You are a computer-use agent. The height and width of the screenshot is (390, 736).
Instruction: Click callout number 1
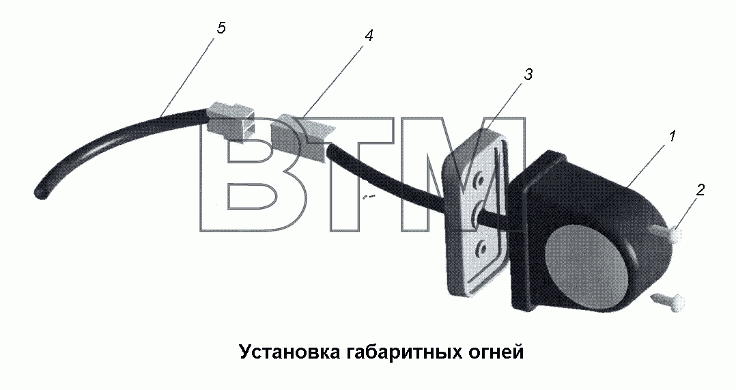[x=672, y=137]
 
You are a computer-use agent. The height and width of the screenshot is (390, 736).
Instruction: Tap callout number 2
[x=700, y=190]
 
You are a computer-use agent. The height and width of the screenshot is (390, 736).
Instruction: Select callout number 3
[x=528, y=74]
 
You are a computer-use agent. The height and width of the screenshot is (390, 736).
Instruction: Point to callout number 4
[x=369, y=36]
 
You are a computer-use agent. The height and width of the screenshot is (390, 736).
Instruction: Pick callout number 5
[x=221, y=28]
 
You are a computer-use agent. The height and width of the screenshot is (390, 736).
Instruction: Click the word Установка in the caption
[x=287, y=352]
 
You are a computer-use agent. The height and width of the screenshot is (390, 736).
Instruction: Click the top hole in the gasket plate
[x=479, y=179]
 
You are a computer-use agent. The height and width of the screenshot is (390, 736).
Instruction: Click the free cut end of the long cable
[x=40, y=193]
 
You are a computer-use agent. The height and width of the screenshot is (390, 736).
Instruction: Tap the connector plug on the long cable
[x=231, y=122]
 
